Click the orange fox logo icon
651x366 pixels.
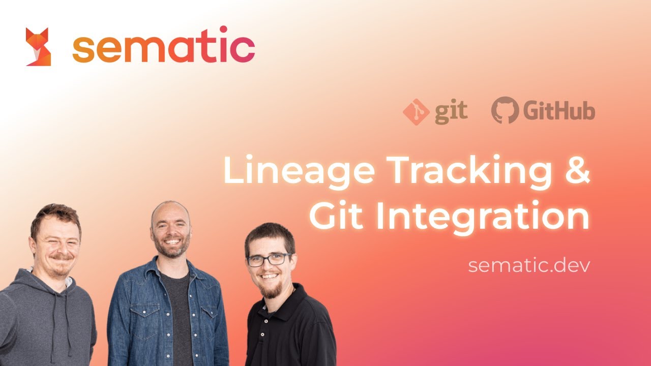[38, 47]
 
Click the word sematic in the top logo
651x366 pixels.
[164, 47]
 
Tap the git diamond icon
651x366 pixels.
[416, 112]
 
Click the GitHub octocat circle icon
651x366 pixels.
[505, 110]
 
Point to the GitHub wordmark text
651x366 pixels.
[559, 111]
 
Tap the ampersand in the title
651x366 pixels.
[576, 170]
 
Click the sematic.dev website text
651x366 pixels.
[529, 265]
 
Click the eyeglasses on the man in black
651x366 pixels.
[269, 260]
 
